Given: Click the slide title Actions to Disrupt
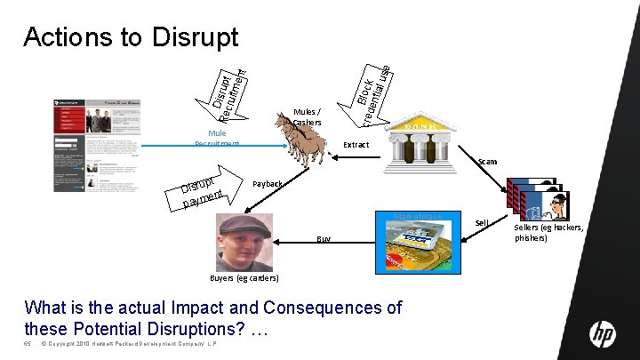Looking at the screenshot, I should [x=131, y=36].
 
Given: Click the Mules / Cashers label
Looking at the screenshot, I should [x=307, y=116].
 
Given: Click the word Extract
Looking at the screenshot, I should [x=356, y=144].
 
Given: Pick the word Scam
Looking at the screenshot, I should [x=487, y=162].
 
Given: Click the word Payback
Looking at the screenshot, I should [x=268, y=184].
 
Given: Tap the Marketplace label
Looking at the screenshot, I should [x=419, y=216].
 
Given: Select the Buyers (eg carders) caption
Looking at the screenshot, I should [x=244, y=278].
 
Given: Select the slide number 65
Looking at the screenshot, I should [x=28, y=343].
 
